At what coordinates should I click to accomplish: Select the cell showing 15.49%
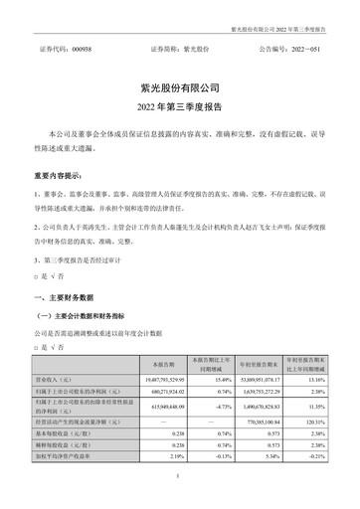pyautogui.click(x=217, y=381)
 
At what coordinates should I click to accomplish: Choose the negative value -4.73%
pyautogui.click(x=216, y=409)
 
